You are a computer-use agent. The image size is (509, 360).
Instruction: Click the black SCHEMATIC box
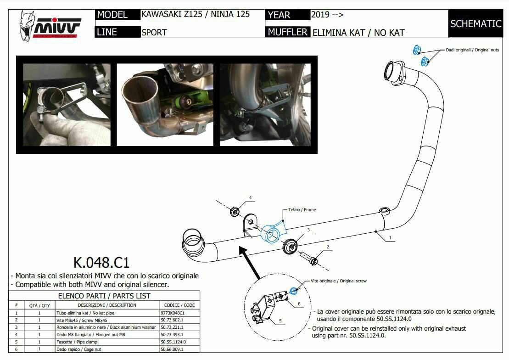[x=475, y=23]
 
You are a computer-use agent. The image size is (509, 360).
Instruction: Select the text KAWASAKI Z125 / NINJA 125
[x=196, y=14]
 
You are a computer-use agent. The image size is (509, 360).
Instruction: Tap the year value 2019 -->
[x=327, y=14]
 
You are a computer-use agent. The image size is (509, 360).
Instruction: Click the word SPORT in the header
[x=154, y=33]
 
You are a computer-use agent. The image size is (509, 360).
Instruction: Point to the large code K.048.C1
[x=101, y=263]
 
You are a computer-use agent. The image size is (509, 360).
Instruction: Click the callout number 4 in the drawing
[x=251, y=198]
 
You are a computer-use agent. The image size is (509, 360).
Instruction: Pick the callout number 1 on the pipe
[x=390, y=238]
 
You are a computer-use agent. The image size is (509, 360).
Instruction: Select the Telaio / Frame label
[x=302, y=209]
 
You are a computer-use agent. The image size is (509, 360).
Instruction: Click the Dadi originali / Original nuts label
[x=472, y=50]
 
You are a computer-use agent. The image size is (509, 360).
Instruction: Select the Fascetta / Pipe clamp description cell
[x=104, y=342]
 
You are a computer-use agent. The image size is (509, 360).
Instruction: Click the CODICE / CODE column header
[x=179, y=305]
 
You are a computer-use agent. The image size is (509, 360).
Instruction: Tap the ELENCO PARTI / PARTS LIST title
[x=105, y=296]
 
